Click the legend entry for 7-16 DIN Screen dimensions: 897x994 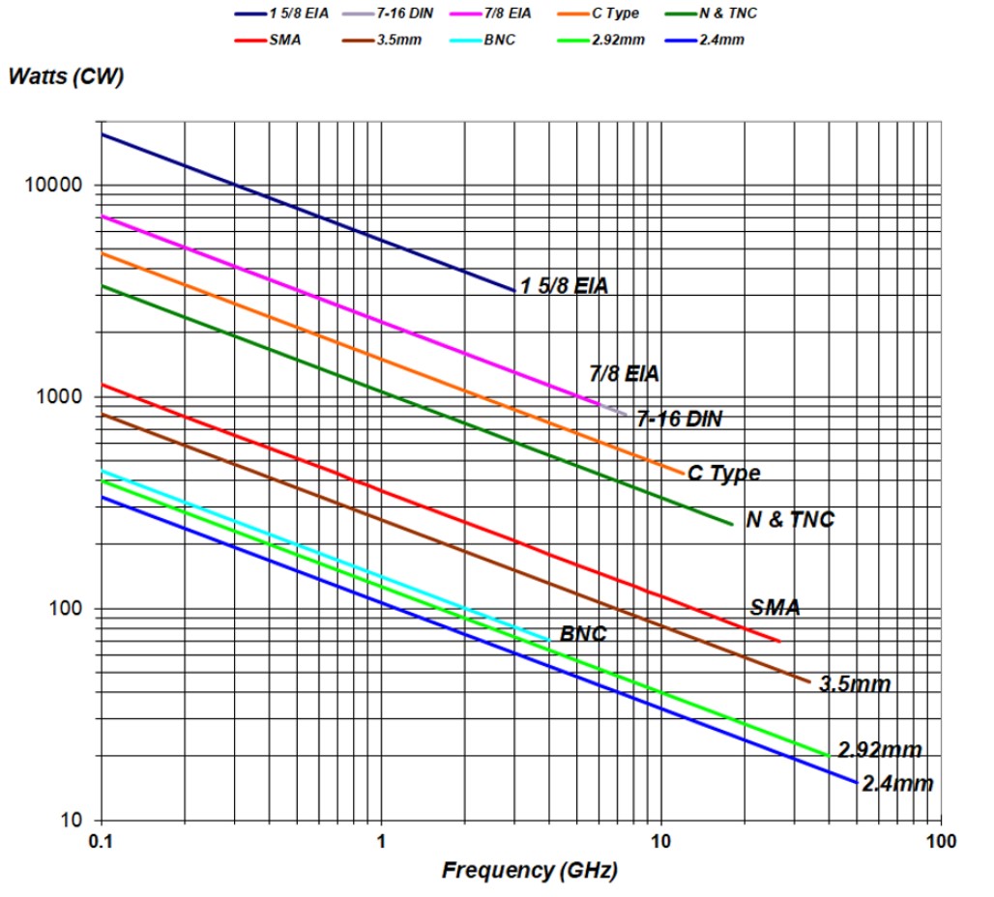tap(392, 14)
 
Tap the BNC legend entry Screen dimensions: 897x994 tap(498, 40)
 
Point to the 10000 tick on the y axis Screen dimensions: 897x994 tap(59, 186)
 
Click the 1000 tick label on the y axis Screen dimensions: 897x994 tap(64, 397)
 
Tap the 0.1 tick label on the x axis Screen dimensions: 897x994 tap(101, 841)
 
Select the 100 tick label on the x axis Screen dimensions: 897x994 tap(940, 841)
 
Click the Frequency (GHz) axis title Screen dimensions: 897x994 tap(529, 870)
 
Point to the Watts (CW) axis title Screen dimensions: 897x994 tap(65, 77)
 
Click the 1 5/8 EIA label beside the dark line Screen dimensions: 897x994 tap(564, 286)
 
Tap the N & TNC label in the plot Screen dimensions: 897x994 tap(789, 519)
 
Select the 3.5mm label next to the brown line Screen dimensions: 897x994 tap(854, 684)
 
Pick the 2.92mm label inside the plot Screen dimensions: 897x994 tap(879, 750)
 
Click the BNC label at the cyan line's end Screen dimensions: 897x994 tap(583, 635)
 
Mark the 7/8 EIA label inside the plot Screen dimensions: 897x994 tap(624, 373)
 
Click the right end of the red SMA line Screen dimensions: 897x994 tap(779, 641)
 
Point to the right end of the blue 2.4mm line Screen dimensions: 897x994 tap(857, 782)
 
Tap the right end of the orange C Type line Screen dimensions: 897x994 tap(684, 472)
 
